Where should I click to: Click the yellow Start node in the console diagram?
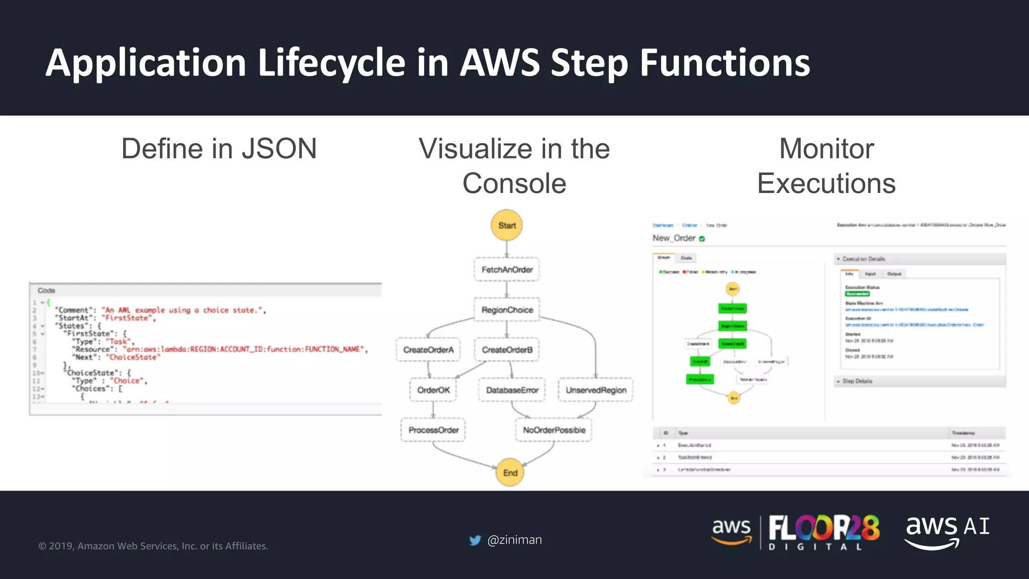pos(506,225)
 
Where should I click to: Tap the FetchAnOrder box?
pos(506,270)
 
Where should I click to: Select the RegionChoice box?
pos(507,310)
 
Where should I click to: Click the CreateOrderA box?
pos(428,350)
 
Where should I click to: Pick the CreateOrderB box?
pos(507,350)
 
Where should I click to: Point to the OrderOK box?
pos(433,390)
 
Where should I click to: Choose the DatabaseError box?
pos(512,390)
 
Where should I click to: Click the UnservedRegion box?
pos(596,390)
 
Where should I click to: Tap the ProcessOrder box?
pos(433,430)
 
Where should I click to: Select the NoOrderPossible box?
pos(554,430)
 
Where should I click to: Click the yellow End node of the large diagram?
pos(510,472)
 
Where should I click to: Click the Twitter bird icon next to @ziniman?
pos(475,540)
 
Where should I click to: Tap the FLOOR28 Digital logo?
pos(823,532)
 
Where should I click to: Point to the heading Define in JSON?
pos(219,149)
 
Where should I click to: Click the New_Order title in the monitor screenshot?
pos(674,238)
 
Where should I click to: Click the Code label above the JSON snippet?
pos(46,291)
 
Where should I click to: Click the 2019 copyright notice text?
pos(153,546)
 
